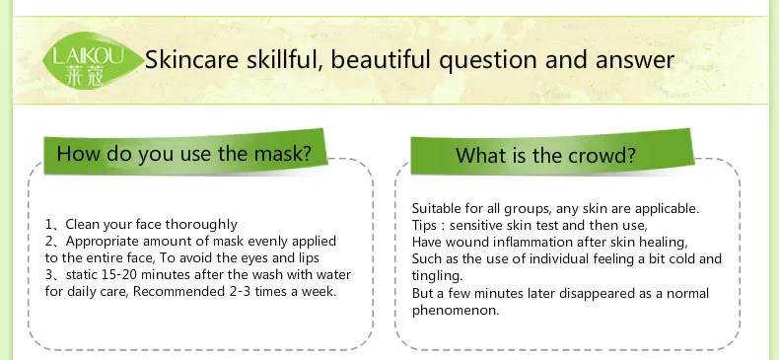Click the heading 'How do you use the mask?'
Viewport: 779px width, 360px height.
pyautogui.click(x=183, y=153)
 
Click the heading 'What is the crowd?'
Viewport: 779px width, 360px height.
pyautogui.click(x=545, y=155)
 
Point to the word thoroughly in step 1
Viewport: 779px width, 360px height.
pyautogui.click(x=201, y=225)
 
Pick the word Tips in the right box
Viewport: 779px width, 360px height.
pyautogui.click(x=423, y=226)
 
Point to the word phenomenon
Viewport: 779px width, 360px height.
pyautogui.click(x=456, y=311)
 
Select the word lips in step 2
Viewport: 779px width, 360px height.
pyautogui.click(x=309, y=258)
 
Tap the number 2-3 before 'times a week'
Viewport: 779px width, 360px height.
pyautogui.click(x=241, y=291)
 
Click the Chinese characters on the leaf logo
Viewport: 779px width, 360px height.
pyautogui.click(x=85, y=76)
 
